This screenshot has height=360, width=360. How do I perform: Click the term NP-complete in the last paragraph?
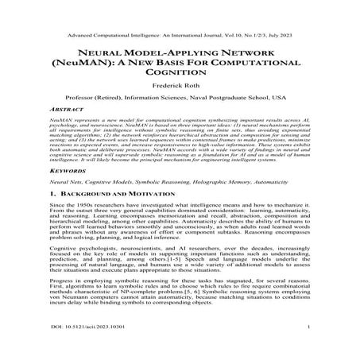(x=140, y=313)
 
